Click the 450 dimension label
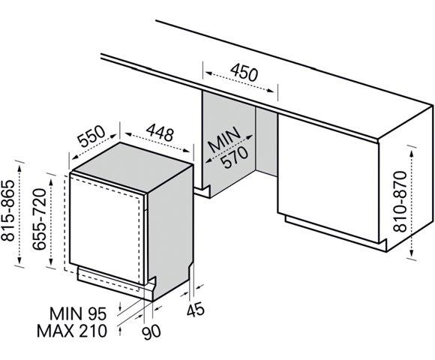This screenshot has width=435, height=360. pyautogui.click(x=243, y=74)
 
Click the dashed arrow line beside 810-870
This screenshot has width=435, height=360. pyautogui.click(x=414, y=198)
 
